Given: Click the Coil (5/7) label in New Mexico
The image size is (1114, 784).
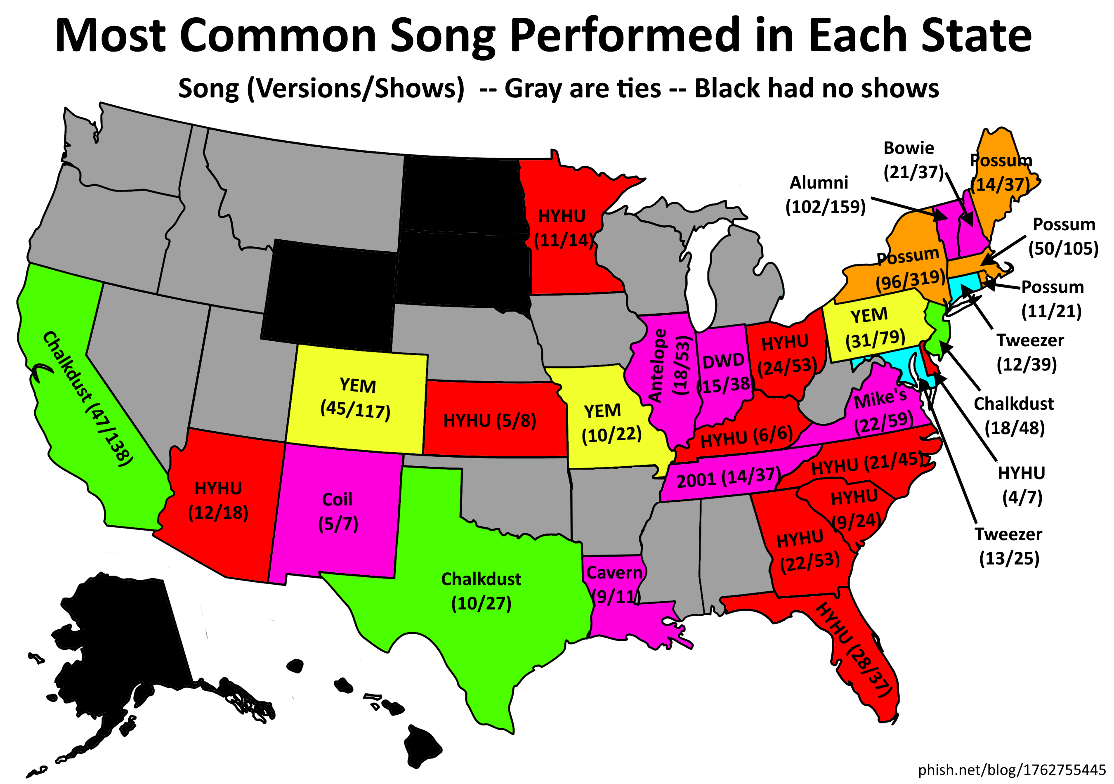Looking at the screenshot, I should [x=338, y=511].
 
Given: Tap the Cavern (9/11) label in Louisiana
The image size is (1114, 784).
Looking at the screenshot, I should [x=614, y=585].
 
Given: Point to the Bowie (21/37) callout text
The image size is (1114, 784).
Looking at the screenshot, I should [x=913, y=160].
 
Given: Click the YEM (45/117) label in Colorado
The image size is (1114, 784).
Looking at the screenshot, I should [x=356, y=398].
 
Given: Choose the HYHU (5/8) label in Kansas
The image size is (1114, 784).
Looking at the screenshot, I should [x=490, y=420].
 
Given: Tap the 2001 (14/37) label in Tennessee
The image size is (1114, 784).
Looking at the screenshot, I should [x=728, y=478].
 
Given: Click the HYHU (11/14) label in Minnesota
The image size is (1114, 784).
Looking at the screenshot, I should [x=563, y=228].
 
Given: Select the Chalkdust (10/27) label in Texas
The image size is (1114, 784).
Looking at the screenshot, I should [x=481, y=591].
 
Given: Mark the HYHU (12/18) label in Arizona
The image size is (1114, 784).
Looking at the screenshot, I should [x=218, y=500].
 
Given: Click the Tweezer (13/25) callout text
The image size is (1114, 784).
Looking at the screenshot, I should [x=1009, y=546].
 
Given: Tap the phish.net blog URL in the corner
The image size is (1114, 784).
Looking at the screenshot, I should [x=1012, y=770].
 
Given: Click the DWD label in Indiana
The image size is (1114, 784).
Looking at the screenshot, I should [x=723, y=361].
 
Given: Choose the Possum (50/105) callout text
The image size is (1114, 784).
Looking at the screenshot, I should [x=1064, y=236].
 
